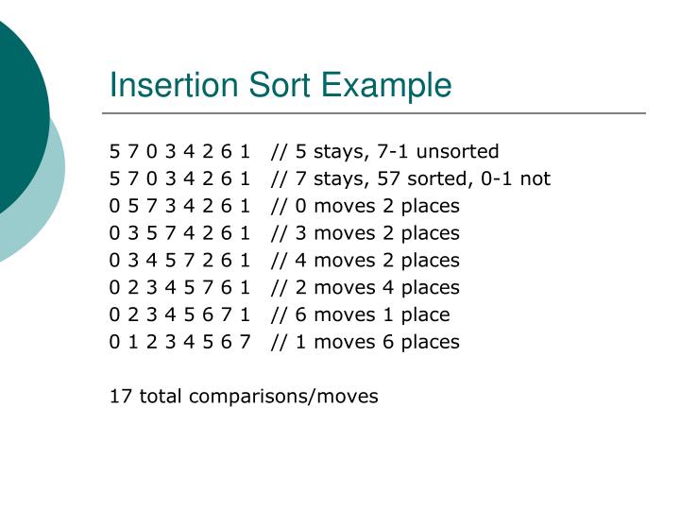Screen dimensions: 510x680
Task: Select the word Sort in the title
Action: (280, 86)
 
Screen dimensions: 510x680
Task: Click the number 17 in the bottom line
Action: (121, 396)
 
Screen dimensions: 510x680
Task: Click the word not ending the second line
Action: (535, 178)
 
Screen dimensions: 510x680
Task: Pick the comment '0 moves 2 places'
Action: (365, 206)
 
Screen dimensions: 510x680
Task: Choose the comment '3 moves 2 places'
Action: (365, 232)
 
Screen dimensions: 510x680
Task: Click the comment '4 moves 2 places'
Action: (365, 260)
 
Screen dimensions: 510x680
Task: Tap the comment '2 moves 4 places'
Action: (365, 287)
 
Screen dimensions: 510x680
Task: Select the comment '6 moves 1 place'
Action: (360, 314)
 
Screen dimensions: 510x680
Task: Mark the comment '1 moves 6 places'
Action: (365, 342)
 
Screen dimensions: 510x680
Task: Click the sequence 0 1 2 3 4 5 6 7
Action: (179, 342)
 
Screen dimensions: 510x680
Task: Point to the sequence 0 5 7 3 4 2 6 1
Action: (179, 206)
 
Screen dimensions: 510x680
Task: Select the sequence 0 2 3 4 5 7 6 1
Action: (179, 287)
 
